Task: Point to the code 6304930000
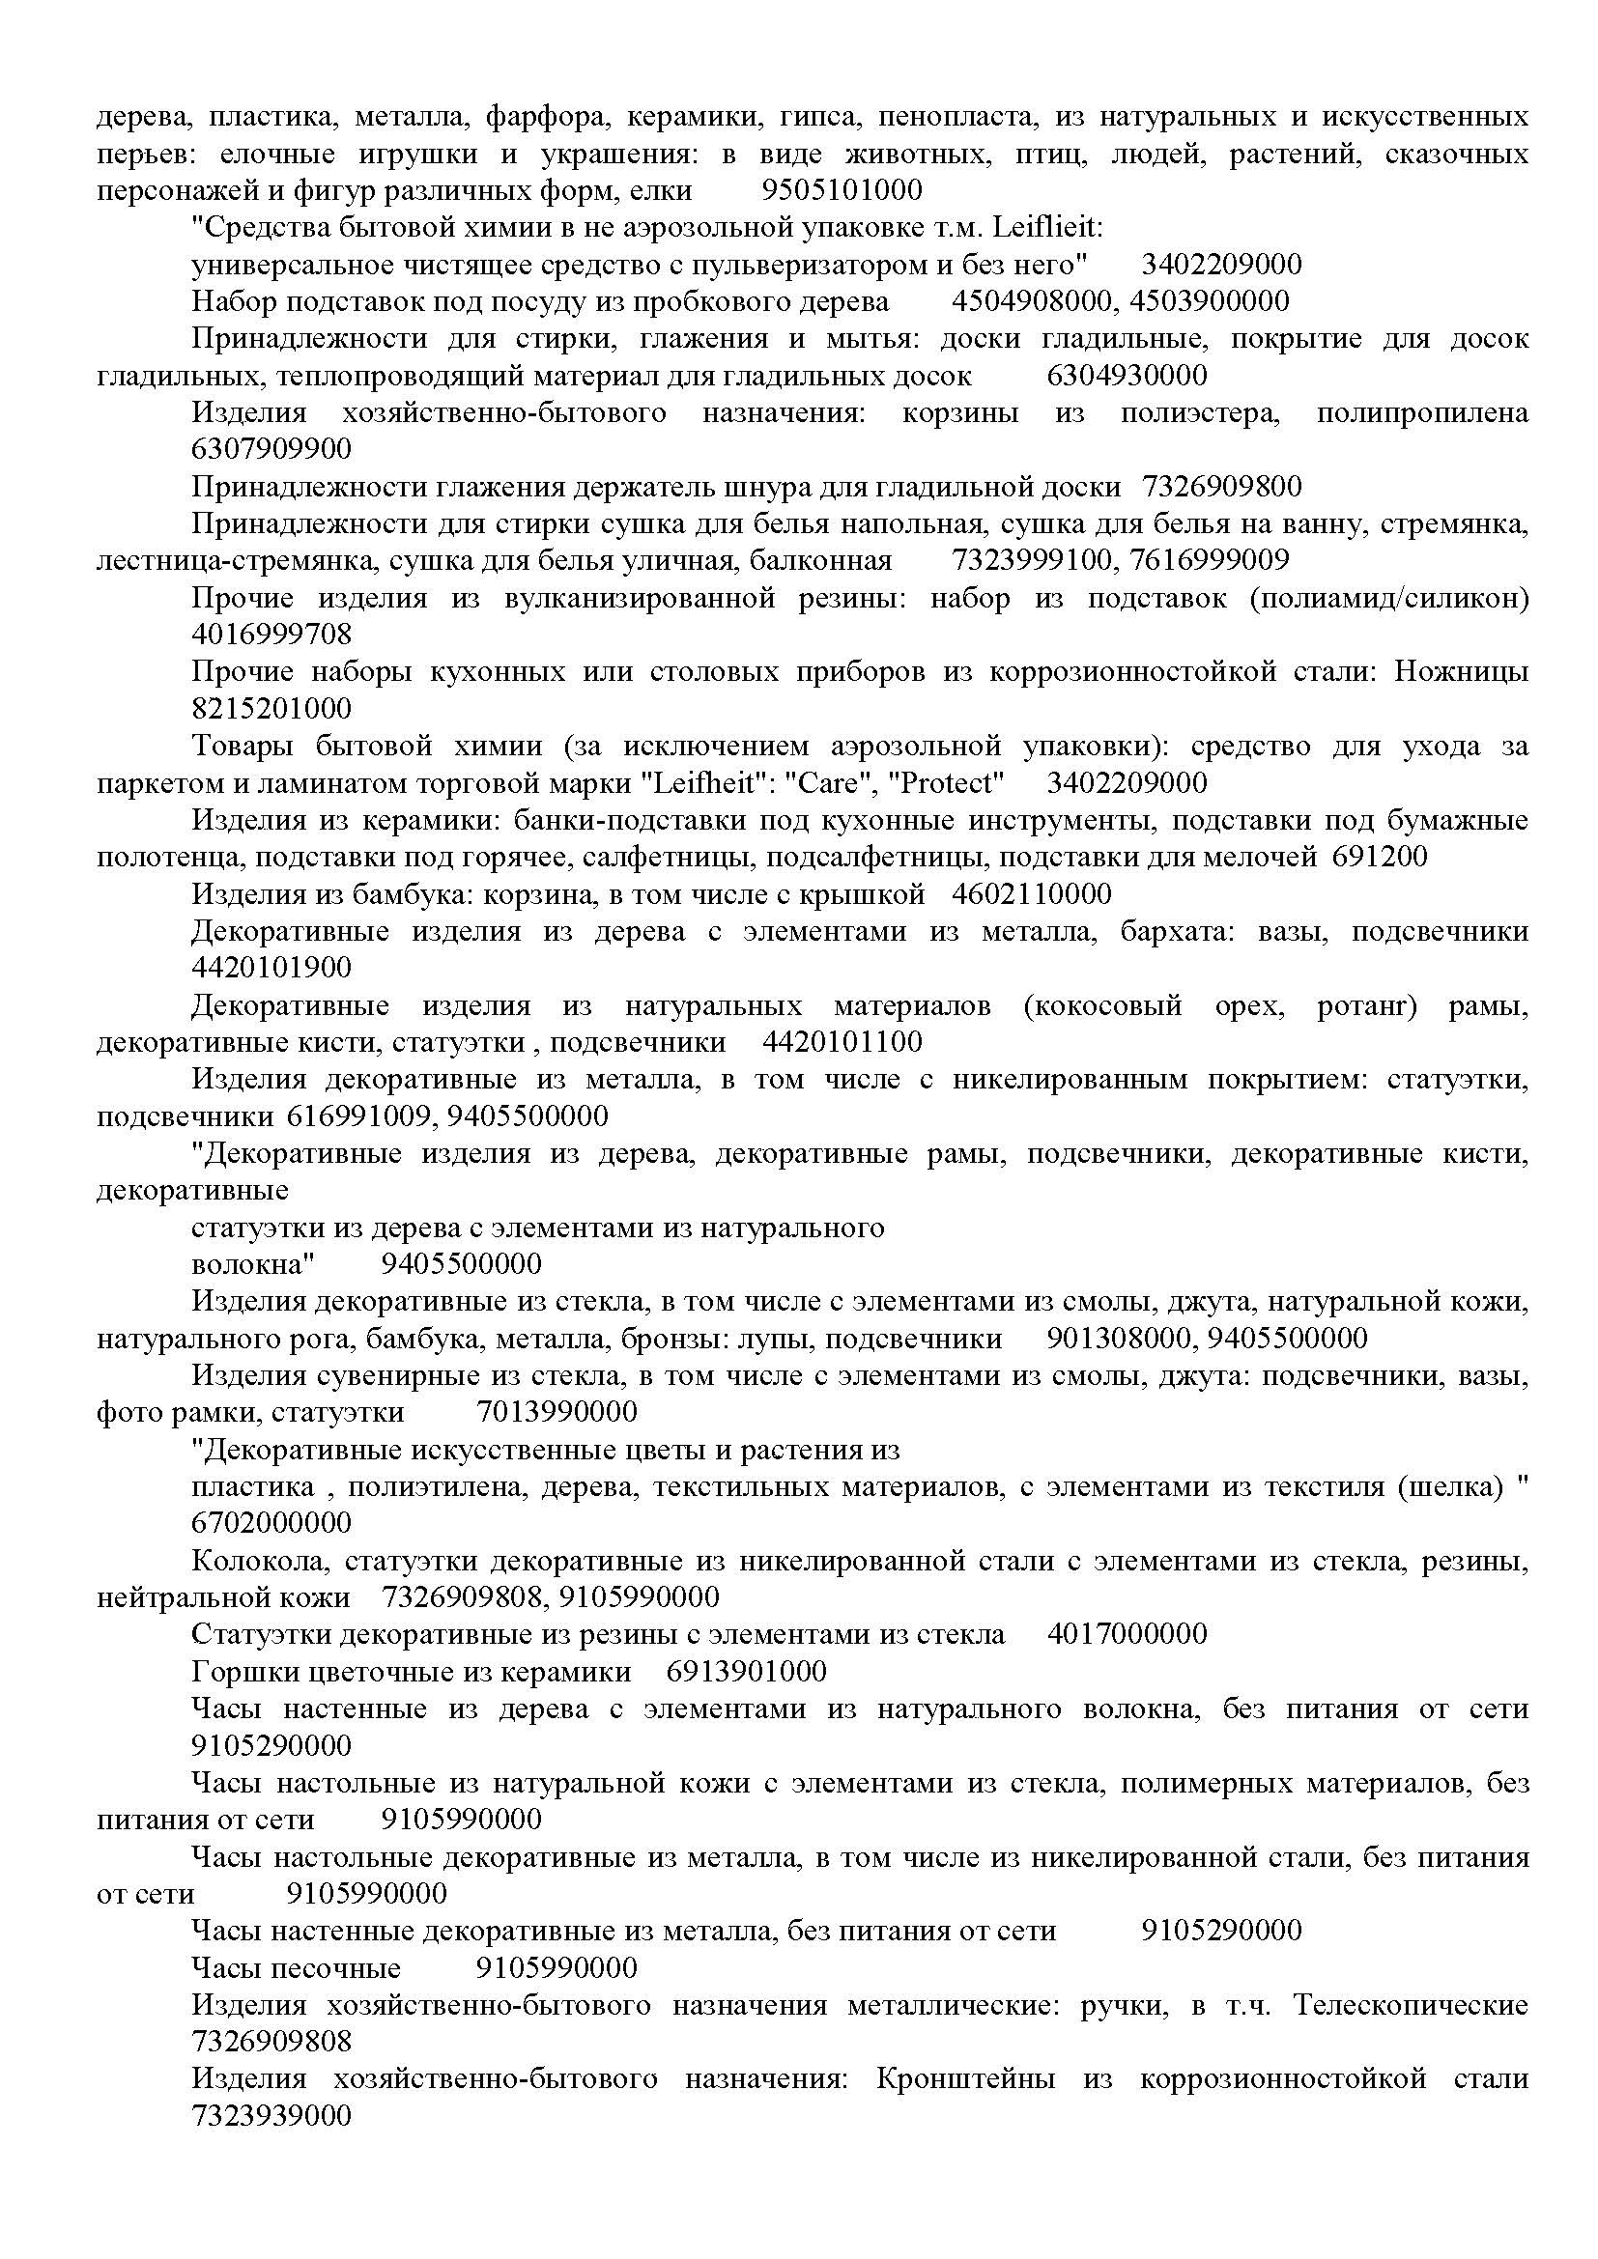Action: [1127, 376]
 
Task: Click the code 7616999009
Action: [1210, 561]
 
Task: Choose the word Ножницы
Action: [1459, 672]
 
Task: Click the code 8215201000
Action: [271, 708]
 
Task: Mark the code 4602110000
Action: [1032, 894]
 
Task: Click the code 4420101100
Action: [842, 1042]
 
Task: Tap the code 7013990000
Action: [556, 1413]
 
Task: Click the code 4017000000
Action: [1127, 1635]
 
